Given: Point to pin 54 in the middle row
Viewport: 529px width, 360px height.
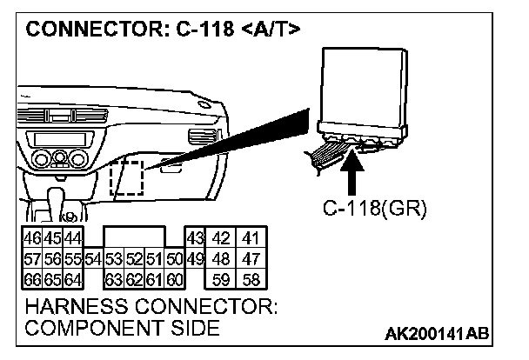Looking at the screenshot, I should [94, 258].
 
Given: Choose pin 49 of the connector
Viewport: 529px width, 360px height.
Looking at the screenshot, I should [194, 258].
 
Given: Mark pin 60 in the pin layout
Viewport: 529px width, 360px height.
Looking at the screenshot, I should [174, 279].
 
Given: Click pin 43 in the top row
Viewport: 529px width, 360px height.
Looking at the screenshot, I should [195, 237].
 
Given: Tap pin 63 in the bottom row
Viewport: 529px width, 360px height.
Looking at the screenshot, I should [113, 279].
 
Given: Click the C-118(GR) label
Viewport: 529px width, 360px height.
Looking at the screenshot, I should [371, 209].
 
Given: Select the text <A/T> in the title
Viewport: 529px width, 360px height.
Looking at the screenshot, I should [270, 30].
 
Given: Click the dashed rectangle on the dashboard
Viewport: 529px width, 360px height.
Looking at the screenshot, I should [127, 177].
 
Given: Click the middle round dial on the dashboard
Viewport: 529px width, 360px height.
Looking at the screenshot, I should [59, 158].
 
